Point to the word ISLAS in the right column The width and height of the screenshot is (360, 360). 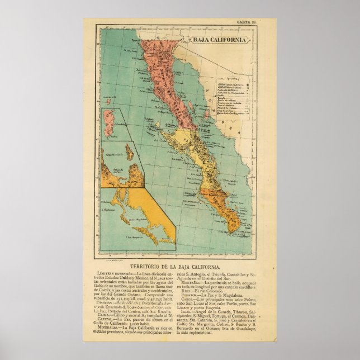pyautogui.click(x=186, y=314)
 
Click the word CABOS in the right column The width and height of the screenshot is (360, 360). pyautogui.click(x=187, y=297)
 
